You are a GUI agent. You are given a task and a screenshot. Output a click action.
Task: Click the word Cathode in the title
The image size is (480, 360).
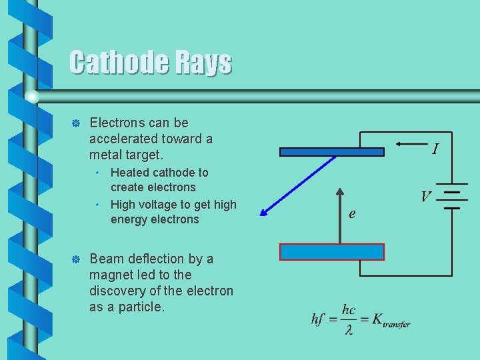(116, 63)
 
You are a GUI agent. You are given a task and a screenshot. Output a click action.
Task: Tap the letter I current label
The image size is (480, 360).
(435, 149)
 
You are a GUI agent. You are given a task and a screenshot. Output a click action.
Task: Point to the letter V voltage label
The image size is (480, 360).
(425, 197)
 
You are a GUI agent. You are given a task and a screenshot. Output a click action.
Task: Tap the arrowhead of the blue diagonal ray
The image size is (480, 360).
(264, 213)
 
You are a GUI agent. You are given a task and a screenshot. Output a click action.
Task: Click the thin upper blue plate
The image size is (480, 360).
(332, 151)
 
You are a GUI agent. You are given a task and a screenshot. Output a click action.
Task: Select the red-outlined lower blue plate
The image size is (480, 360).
(332, 252)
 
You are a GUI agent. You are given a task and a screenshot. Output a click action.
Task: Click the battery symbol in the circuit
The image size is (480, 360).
(453, 197)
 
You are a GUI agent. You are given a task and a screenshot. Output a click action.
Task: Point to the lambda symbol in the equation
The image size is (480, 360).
(349, 330)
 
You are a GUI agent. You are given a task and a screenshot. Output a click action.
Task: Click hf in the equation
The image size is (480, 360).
(318, 319)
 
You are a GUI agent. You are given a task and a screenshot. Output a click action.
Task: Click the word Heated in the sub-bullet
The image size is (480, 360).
(130, 172)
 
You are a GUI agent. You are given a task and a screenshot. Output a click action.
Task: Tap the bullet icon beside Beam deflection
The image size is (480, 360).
(75, 259)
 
